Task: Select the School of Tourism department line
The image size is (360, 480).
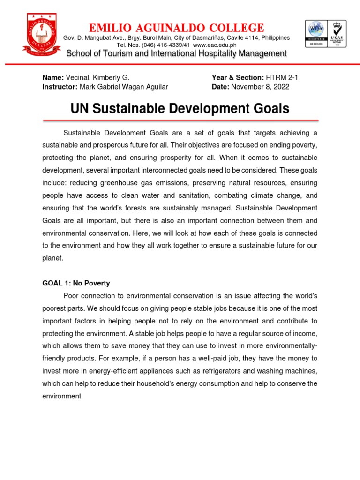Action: point(176,54)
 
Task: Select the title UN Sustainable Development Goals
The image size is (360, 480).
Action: point(180,109)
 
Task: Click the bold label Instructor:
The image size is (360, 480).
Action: point(60,87)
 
